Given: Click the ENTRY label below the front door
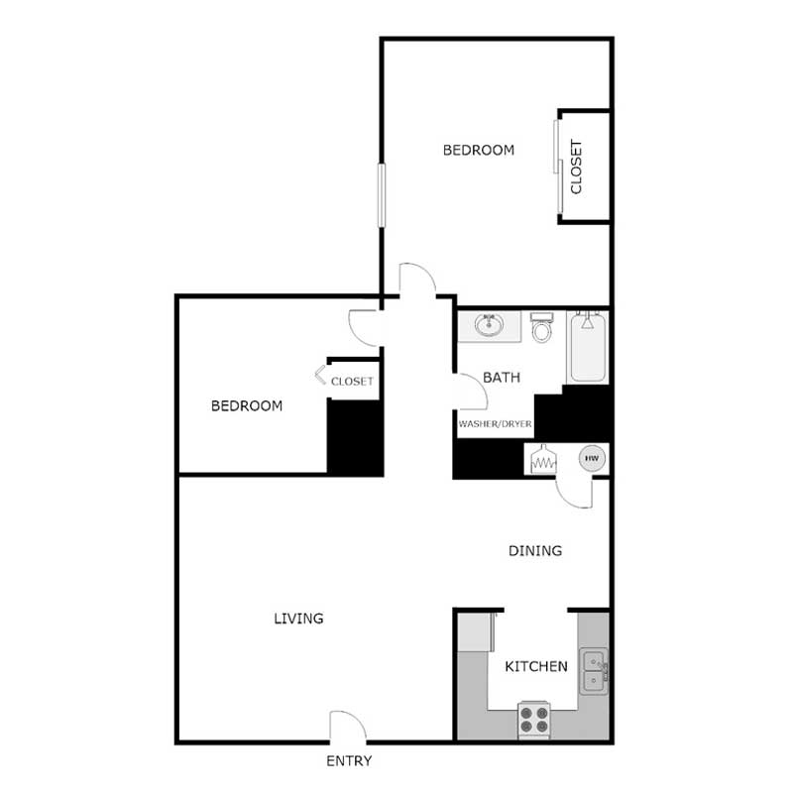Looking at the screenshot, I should [348, 761].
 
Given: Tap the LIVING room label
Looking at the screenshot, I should [298, 619].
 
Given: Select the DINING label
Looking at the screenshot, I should [535, 551].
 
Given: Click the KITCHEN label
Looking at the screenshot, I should [536, 666].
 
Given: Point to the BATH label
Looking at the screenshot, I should [502, 378].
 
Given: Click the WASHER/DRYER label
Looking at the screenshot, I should [495, 424].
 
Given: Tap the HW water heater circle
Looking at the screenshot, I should [593, 458].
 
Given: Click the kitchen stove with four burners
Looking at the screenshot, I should [533, 719].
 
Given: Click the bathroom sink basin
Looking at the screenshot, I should [488, 324].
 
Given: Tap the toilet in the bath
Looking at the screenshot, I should [541, 328].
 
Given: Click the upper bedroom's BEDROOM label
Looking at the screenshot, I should [478, 151].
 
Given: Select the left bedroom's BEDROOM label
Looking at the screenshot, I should [247, 406].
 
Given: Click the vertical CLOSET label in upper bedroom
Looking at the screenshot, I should [576, 166].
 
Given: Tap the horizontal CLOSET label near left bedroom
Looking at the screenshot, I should [352, 382].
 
